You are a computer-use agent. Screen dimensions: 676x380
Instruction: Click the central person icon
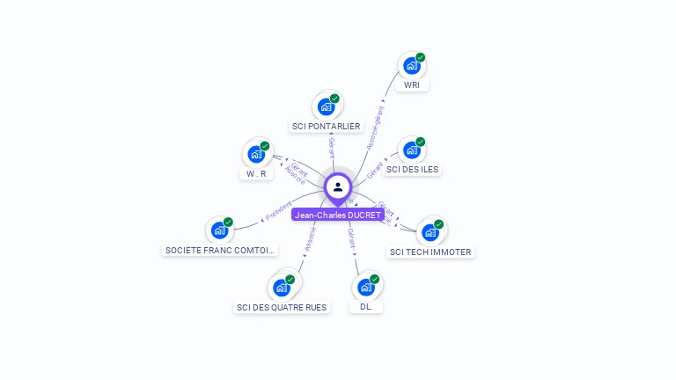[x=338, y=186]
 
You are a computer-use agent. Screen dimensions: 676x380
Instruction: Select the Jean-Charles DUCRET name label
[x=338, y=215]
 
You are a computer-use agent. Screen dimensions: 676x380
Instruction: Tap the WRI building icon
[x=410, y=66]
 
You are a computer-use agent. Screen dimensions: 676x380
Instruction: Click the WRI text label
[x=412, y=85]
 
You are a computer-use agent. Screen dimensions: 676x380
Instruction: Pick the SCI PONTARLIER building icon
[x=326, y=106]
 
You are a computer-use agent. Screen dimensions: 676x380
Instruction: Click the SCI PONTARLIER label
[x=326, y=127]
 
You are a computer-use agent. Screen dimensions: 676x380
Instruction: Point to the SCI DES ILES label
[x=412, y=170]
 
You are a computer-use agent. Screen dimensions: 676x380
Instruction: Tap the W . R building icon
[x=256, y=154]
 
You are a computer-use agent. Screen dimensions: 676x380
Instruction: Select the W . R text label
[x=256, y=174]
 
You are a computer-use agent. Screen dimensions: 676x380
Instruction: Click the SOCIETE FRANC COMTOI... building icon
[x=219, y=230]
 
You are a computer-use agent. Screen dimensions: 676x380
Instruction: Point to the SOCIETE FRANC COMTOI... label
[x=220, y=251]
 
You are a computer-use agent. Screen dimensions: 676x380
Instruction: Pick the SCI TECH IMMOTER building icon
[x=430, y=232]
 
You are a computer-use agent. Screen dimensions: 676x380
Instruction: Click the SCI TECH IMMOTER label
[x=430, y=252]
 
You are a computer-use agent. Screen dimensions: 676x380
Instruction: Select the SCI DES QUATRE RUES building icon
[x=281, y=287]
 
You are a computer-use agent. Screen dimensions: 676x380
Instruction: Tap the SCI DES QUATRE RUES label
[x=282, y=308]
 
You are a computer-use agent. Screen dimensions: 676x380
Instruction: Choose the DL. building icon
[x=366, y=287]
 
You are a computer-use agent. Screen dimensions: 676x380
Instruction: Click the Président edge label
[x=278, y=210]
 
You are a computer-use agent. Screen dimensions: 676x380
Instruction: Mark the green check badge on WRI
[x=421, y=57]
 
